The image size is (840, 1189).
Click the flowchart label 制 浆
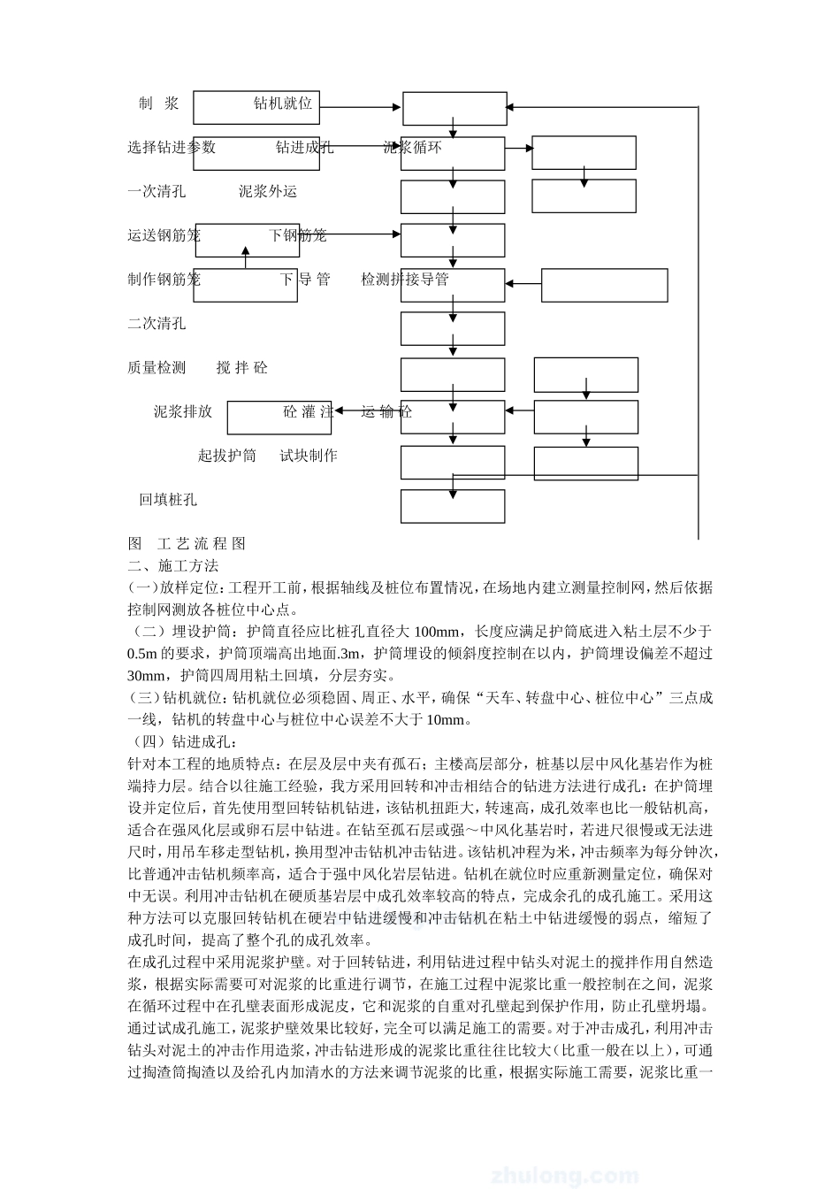159,104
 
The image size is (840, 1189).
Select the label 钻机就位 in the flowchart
283,104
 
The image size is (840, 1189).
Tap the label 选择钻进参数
172,147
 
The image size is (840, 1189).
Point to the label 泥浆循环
412,147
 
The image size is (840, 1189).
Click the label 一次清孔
157,191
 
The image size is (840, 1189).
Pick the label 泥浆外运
267,191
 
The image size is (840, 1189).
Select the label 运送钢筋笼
164,235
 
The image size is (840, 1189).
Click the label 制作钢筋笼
164,280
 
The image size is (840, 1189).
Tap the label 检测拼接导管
405,280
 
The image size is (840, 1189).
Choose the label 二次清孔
157,324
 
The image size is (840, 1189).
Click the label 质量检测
157,367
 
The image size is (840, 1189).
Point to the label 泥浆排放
183,411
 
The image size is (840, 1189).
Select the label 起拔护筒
226,456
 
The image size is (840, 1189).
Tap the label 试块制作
309,456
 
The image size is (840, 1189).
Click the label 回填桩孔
168,500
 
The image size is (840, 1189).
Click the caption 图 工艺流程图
187,543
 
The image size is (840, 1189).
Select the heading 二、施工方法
173,565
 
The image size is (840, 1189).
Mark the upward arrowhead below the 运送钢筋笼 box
246,251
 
